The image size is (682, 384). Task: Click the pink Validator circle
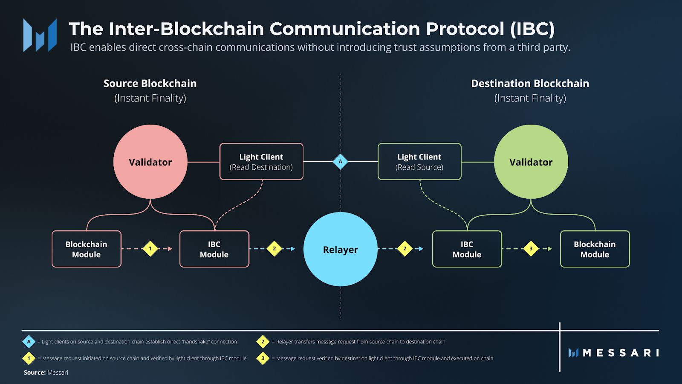point(150,162)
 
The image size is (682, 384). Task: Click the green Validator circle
point(531,162)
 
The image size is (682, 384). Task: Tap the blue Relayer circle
point(340,249)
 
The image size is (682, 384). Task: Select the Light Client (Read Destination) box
point(261,162)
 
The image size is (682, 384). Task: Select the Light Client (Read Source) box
point(419,162)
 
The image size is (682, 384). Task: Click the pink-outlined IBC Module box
point(214,249)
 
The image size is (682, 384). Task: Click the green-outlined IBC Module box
point(467,249)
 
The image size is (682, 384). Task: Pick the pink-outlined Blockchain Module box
point(87,249)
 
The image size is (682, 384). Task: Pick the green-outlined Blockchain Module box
point(595,249)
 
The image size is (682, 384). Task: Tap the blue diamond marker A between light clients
point(340,162)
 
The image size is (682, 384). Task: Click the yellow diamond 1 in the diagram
point(150,248)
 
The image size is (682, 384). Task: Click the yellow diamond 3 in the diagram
point(531,248)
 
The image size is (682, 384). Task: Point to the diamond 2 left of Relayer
point(274,248)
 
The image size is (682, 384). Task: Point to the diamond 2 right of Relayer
point(405,248)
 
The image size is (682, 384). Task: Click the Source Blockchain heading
point(150,83)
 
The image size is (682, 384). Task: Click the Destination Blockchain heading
point(530,83)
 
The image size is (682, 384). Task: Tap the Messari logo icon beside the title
point(40,35)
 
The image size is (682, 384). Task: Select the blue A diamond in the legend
point(29,342)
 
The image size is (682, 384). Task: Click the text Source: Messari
point(46,372)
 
